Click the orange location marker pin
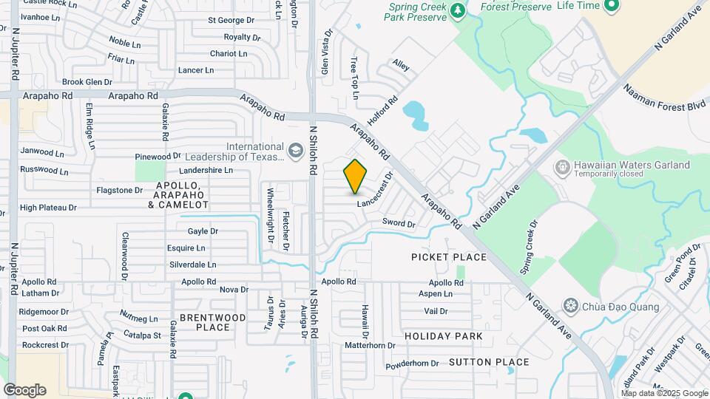[356, 177]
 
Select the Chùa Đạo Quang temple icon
[570, 305]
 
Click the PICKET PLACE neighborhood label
[449, 257]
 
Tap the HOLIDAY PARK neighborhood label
[444, 336]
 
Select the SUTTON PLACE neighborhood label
[489, 362]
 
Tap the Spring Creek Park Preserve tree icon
[458, 10]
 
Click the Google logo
[24, 390]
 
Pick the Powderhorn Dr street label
[413, 363]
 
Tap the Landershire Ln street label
[206, 169]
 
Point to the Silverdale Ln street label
[192, 264]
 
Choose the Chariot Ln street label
[229, 53]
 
